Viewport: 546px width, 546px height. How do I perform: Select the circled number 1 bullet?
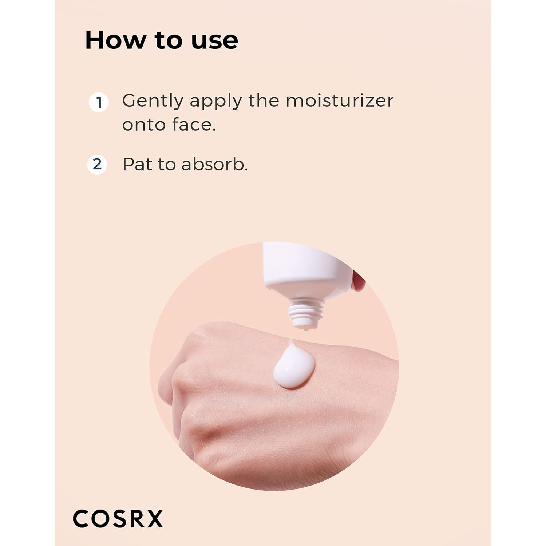99,103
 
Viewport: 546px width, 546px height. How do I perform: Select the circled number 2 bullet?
97,165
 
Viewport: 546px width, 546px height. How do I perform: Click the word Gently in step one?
153,101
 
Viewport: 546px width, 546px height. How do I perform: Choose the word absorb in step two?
215,164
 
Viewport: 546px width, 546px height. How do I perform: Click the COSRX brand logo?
118,519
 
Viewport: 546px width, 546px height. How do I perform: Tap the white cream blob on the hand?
294,365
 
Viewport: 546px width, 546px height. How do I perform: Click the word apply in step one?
216,101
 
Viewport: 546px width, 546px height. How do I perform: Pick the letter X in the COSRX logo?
154,519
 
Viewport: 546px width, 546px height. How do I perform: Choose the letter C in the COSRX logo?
81,519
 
